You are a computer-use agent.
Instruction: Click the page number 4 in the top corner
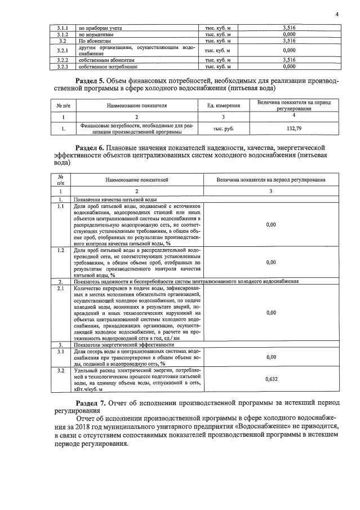coord(336,14)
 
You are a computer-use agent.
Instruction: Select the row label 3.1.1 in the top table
coord(63,28)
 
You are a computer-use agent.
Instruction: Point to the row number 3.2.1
coord(63,50)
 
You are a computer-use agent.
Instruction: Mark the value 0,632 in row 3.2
coord(271,379)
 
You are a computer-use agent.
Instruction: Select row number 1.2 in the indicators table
coord(60,250)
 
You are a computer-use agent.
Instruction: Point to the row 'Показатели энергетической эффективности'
coord(115,344)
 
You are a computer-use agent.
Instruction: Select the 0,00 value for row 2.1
coord(271,312)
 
